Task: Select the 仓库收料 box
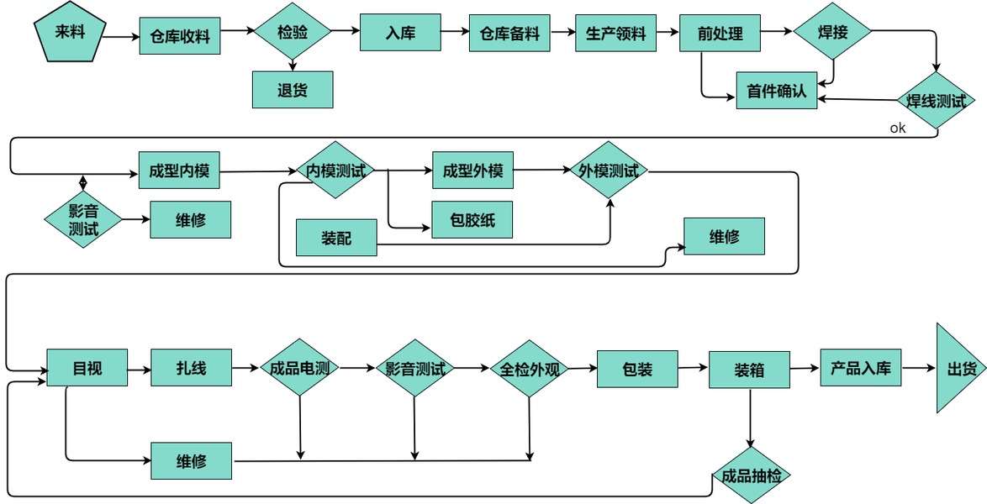point(179,36)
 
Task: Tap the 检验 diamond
point(293,32)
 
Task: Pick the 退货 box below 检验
point(293,90)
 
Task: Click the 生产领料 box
point(615,34)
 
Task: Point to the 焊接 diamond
point(832,32)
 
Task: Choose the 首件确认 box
point(776,91)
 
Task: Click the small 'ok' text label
point(898,129)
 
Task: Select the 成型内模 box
point(179,171)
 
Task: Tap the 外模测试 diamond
point(609,171)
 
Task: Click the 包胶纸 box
point(472,221)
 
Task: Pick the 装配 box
point(336,239)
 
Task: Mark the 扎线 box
point(191,368)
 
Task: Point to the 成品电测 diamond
point(299,368)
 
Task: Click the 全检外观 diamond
point(530,368)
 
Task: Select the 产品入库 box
point(860,368)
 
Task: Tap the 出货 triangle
point(958,369)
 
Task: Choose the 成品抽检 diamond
point(751,476)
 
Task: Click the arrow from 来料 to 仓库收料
point(120,36)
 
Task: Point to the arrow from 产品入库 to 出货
point(919,368)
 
